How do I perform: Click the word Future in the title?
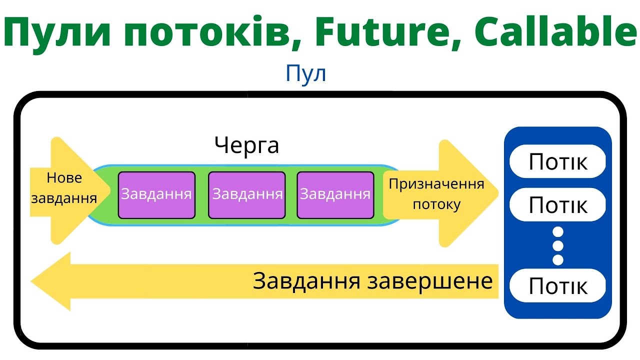click(376, 32)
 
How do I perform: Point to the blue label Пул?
click(306, 74)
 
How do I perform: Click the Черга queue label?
click(246, 146)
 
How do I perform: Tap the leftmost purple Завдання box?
click(156, 194)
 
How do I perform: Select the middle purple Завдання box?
click(247, 194)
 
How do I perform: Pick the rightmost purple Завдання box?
click(335, 194)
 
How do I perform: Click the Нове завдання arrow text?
click(64, 188)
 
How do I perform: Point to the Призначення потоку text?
click(436, 194)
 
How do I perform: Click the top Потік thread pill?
click(558, 161)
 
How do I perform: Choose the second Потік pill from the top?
click(558, 204)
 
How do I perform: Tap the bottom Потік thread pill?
click(558, 286)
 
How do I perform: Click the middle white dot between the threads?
click(558, 245)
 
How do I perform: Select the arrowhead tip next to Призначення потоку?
click(497, 193)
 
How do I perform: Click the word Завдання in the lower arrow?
click(306, 281)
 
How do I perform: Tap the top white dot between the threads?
click(558, 232)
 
